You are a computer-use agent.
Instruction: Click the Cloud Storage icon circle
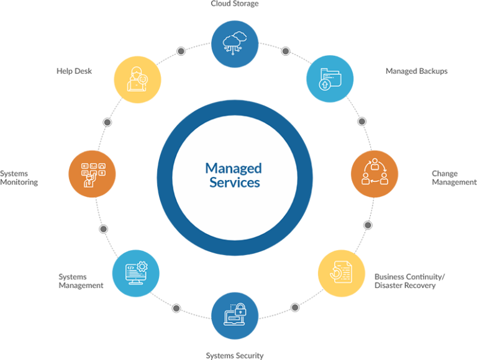(235, 44)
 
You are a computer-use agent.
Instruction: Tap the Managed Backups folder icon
(330, 79)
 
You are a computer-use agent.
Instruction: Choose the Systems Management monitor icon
(135, 273)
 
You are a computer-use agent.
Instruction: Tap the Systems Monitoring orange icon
(92, 174)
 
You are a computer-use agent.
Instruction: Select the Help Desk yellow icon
(137, 79)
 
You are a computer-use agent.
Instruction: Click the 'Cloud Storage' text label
(235, 4)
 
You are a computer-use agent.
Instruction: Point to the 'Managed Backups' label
(417, 71)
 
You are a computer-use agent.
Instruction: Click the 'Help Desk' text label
(75, 71)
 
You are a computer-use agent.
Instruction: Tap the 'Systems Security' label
(235, 356)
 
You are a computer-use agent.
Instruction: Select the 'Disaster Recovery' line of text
(405, 285)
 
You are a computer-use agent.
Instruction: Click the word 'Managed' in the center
(234, 169)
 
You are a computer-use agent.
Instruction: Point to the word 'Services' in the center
(235, 182)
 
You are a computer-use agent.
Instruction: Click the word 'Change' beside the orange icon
(445, 174)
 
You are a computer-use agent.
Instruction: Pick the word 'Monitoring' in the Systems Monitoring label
(19, 182)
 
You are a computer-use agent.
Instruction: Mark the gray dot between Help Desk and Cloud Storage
(181, 51)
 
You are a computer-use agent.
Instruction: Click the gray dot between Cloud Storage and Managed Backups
(285, 51)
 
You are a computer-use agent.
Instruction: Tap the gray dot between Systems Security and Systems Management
(176, 308)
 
